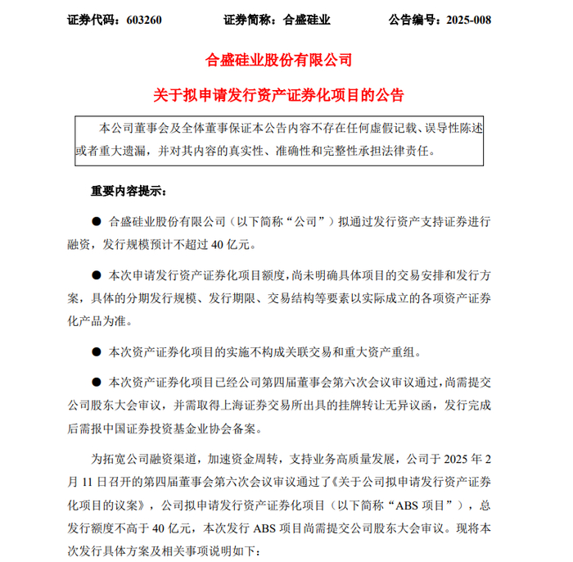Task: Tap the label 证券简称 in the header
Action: [x=248, y=20]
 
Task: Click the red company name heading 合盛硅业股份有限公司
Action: [x=280, y=61]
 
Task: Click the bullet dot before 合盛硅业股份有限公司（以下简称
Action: [x=94, y=221]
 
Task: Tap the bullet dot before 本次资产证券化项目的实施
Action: [x=94, y=352]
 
